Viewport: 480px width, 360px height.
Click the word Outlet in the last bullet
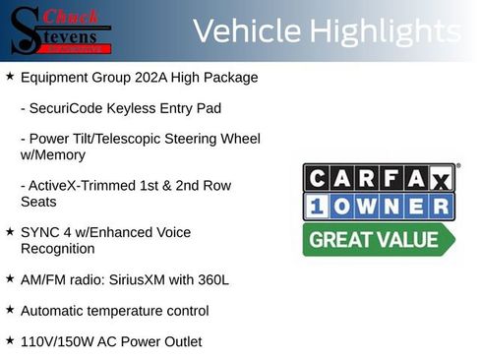[x=180, y=341]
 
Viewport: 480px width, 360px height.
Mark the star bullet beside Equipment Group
[x=10, y=75]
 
